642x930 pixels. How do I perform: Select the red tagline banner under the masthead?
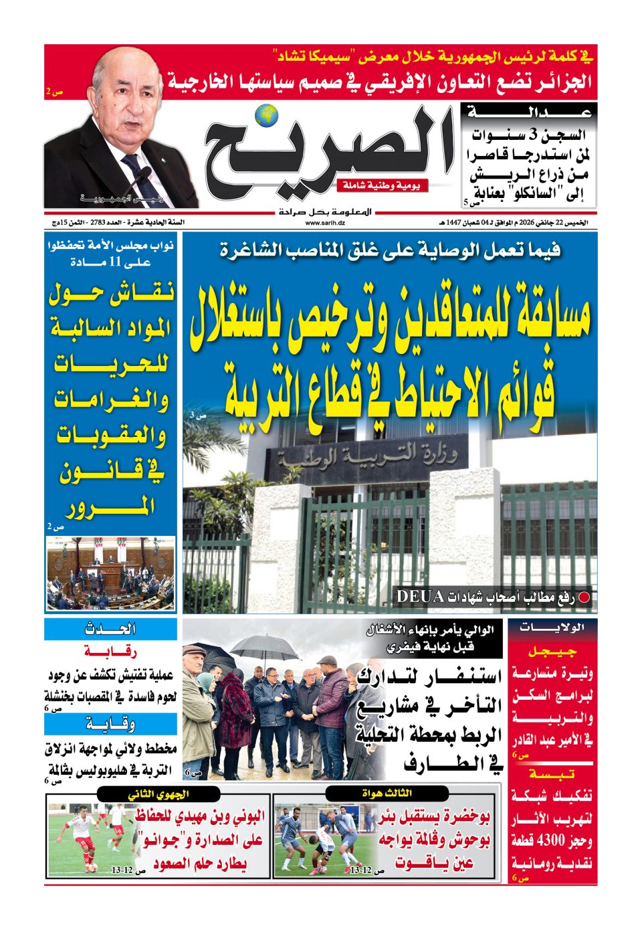point(382,185)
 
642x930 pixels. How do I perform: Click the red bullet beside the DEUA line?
point(584,597)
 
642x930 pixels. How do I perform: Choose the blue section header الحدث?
point(110,629)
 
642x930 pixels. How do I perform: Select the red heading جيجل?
point(552,651)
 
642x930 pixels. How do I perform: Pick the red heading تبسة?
point(552,774)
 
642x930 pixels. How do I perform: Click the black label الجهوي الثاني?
point(158,794)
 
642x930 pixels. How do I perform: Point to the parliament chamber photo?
point(110,573)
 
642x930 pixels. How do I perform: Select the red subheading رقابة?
point(110,651)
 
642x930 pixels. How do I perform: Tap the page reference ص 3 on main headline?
point(197,415)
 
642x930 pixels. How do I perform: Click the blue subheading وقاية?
point(110,723)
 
